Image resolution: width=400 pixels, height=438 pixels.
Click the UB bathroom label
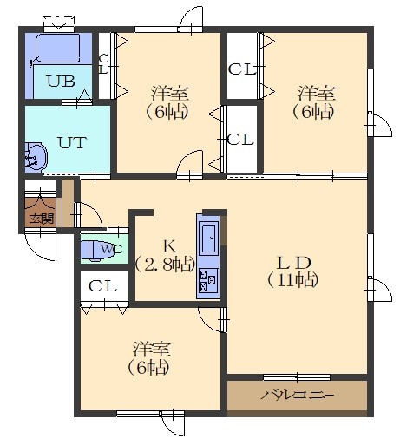point(61,82)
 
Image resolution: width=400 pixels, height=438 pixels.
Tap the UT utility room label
point(72,142)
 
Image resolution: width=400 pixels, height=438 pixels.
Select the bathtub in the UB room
point(58,48)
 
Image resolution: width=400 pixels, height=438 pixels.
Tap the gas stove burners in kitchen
point(208,280)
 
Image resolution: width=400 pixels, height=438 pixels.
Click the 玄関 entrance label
point(42,219)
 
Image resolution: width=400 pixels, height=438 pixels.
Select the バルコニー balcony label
point(298,395)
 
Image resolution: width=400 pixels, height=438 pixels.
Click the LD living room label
point(294,263)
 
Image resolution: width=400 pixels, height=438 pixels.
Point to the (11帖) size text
point(292,280)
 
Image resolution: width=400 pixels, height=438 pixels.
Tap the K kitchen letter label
point(169,246)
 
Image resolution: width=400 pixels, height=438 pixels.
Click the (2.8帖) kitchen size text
point(165,264)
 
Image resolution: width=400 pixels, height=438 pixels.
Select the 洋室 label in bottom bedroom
point(152,349)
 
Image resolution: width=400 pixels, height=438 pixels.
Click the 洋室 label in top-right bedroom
point(317,93)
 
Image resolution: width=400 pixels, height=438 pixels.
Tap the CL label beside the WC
point(102,286)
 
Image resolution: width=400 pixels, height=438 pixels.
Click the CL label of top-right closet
point(242,69)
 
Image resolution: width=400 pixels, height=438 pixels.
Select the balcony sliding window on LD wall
point(297,377)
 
